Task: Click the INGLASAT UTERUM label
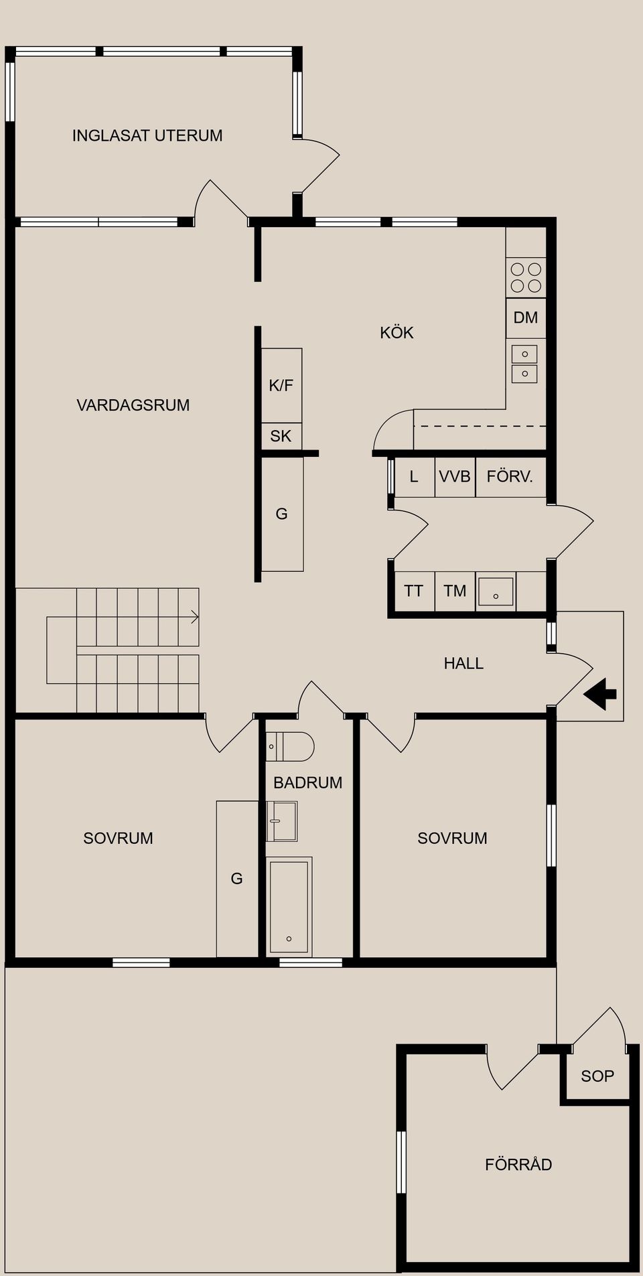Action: coord(147,135)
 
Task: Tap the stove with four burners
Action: coord(526,277)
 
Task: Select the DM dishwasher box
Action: coord(526,317)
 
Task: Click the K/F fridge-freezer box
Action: coord(281,385)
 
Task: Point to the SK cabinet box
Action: coord(281,436)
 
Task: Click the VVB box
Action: coord(455,477)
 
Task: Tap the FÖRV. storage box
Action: coord(510,477)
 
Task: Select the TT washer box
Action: coord(414,591)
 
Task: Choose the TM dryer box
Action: coord(455,591)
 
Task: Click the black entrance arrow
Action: coord(601,694)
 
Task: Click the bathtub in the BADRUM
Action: coord(289,907)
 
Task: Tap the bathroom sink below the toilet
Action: coord(282,821)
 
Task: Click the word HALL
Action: coord(463,663)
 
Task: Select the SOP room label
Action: coord(597,1076)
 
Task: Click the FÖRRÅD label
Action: coord(518,1164)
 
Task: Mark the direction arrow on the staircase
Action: coord(194,617)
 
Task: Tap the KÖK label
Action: coord(397,332)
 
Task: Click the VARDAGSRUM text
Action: coord(133,405)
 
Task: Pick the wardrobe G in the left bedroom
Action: coord(237,879)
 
